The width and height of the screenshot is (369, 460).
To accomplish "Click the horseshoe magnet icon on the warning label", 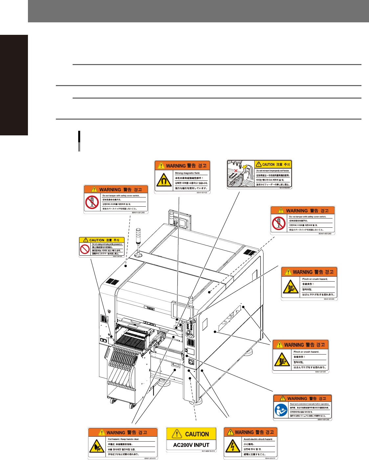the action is pos(163,180).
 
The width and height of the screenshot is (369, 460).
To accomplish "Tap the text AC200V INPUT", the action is pos(191,445).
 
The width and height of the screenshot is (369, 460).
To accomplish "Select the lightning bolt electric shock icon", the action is pos(233,447).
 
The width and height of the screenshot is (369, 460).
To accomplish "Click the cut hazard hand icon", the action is pos(97,447).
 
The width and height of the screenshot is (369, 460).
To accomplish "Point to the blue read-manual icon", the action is pos(281,410).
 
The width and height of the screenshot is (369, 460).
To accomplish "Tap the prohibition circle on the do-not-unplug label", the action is pos(85,249).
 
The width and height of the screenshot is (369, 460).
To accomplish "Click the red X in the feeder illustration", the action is pos(235,171).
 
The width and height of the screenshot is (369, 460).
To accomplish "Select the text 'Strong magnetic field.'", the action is pos(187,173).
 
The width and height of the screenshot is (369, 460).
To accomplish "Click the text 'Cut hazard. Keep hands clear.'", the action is pos(124,439).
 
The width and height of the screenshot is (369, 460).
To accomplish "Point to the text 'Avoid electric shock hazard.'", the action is pos(258,439).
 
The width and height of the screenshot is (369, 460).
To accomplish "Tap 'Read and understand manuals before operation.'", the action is pos(309,404).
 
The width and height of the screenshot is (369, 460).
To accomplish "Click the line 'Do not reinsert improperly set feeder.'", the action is pos(272,171).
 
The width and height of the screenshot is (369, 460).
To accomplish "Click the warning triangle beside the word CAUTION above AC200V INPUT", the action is pos(177,434).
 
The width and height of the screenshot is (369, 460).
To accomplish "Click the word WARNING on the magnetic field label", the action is pos(176,166).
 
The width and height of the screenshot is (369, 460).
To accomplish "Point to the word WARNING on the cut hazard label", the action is pos(116,433).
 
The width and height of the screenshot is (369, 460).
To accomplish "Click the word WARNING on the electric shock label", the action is pos(244,432).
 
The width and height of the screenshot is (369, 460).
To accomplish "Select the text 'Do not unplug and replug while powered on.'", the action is pos(107,244).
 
